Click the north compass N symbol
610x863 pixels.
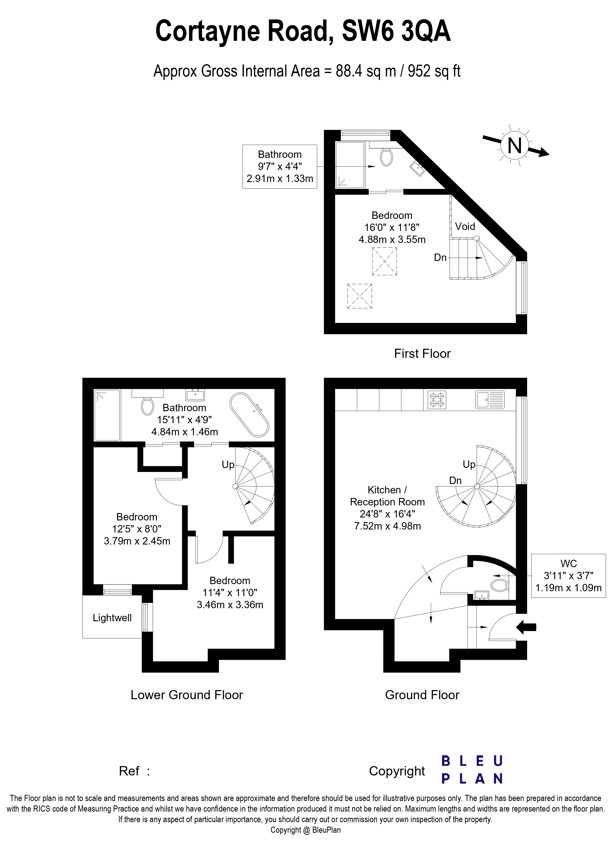coord(515,145)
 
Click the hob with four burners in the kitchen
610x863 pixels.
coord(437,400)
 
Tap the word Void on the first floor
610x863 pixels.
coord(465,227)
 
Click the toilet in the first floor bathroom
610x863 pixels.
coord(386,157)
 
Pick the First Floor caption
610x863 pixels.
coord(422,354)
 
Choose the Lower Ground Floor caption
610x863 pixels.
coord(186,695)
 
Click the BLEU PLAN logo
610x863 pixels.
coord(472,770)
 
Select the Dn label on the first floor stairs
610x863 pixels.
coord(440,258)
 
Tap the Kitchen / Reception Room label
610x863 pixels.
coord(387,496)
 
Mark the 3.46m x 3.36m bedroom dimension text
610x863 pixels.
coord(230,605)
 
